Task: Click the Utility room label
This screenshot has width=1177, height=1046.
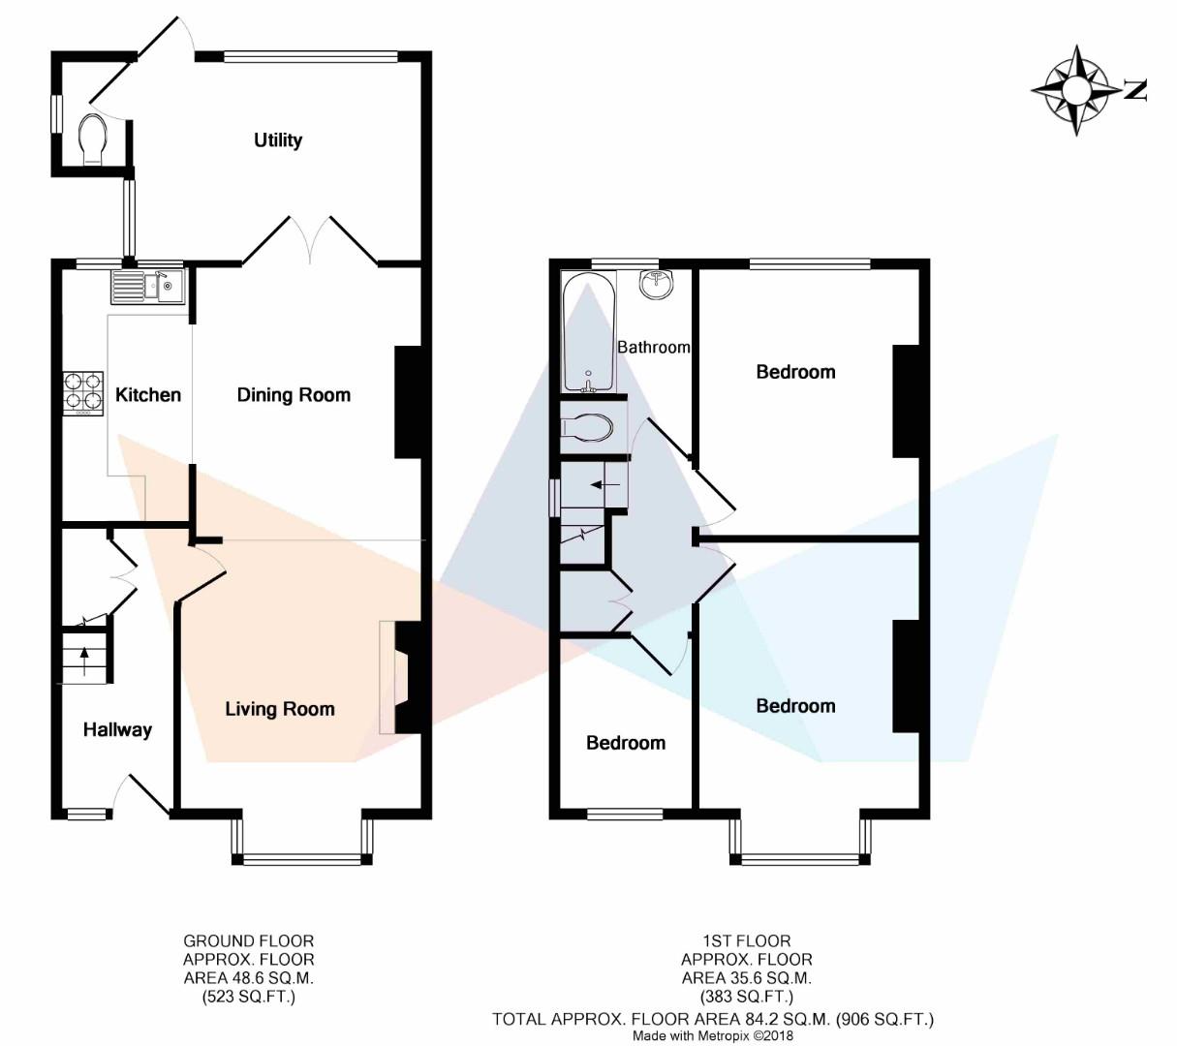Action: (x=278, y=140)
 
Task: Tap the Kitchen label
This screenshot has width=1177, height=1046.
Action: (x=148, y=395)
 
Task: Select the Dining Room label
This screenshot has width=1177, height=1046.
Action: (x=294, y=395)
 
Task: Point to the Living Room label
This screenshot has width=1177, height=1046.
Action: (x=280, y=709)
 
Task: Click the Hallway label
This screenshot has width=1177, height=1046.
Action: (x=117, y=729)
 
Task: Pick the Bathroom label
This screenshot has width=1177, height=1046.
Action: (x=654, y=348)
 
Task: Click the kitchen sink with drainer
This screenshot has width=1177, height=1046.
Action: (x=147, y=287)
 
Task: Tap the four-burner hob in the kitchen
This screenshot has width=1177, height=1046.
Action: (x=83, y=394)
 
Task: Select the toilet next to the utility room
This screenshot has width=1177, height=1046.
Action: (x=92, y=139)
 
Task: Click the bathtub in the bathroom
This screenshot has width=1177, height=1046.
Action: (x=589, y=333)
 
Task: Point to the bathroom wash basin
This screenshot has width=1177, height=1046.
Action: (x=657, y=285)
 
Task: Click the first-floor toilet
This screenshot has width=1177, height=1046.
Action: (x=587, y=429)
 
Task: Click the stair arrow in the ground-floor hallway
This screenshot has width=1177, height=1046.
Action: (x=85, y=661)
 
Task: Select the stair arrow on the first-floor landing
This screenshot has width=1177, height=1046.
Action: (x=603, y=484)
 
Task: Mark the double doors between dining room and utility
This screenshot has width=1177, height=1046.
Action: (x=310, y=240)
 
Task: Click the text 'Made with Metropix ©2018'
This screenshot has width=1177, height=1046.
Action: (x=712, y=1035)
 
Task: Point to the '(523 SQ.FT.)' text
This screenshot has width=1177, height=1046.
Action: (x=249, y=998)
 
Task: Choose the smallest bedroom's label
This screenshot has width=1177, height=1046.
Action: (x=626, y=743)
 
